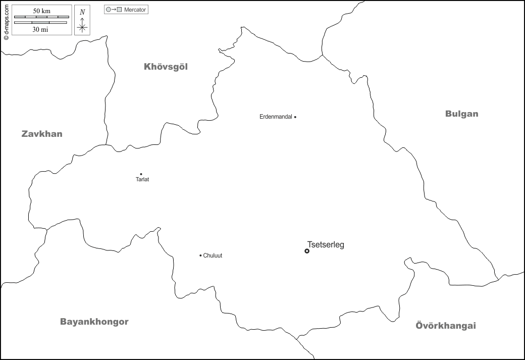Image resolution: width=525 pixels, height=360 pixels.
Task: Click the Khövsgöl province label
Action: (x=166, y=67)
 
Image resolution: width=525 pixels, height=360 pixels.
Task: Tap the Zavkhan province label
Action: (x=42, y=134)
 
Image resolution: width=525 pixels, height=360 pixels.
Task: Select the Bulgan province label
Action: (x=461, y=114)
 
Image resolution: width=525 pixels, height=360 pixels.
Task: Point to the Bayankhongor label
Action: (x=94, y=322)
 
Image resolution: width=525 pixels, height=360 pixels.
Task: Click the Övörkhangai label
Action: (x=446, y=326)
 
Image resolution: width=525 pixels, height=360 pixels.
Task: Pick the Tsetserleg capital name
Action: (x=326, y=245)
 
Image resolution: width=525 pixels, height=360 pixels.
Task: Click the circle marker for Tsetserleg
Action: (x=307, y=251)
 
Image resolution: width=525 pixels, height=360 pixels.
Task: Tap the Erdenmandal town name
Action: (x=276, y=117)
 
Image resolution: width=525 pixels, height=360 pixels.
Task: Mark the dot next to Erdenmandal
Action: (x=295, y=117)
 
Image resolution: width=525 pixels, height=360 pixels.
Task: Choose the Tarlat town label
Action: (x=142, y=180)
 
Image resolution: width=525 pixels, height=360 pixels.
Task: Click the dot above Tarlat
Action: (x=141, y=174)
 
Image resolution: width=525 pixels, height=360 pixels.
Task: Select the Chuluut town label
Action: (x=213, y=255)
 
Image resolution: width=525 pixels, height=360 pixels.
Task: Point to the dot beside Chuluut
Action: (x=200, y=255)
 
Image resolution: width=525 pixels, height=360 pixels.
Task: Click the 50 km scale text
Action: (x=41, y=11)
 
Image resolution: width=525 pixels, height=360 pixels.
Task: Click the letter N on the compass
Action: (x=82, y=12)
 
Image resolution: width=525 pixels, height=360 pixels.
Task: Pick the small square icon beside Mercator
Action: (x=119, y=10)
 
